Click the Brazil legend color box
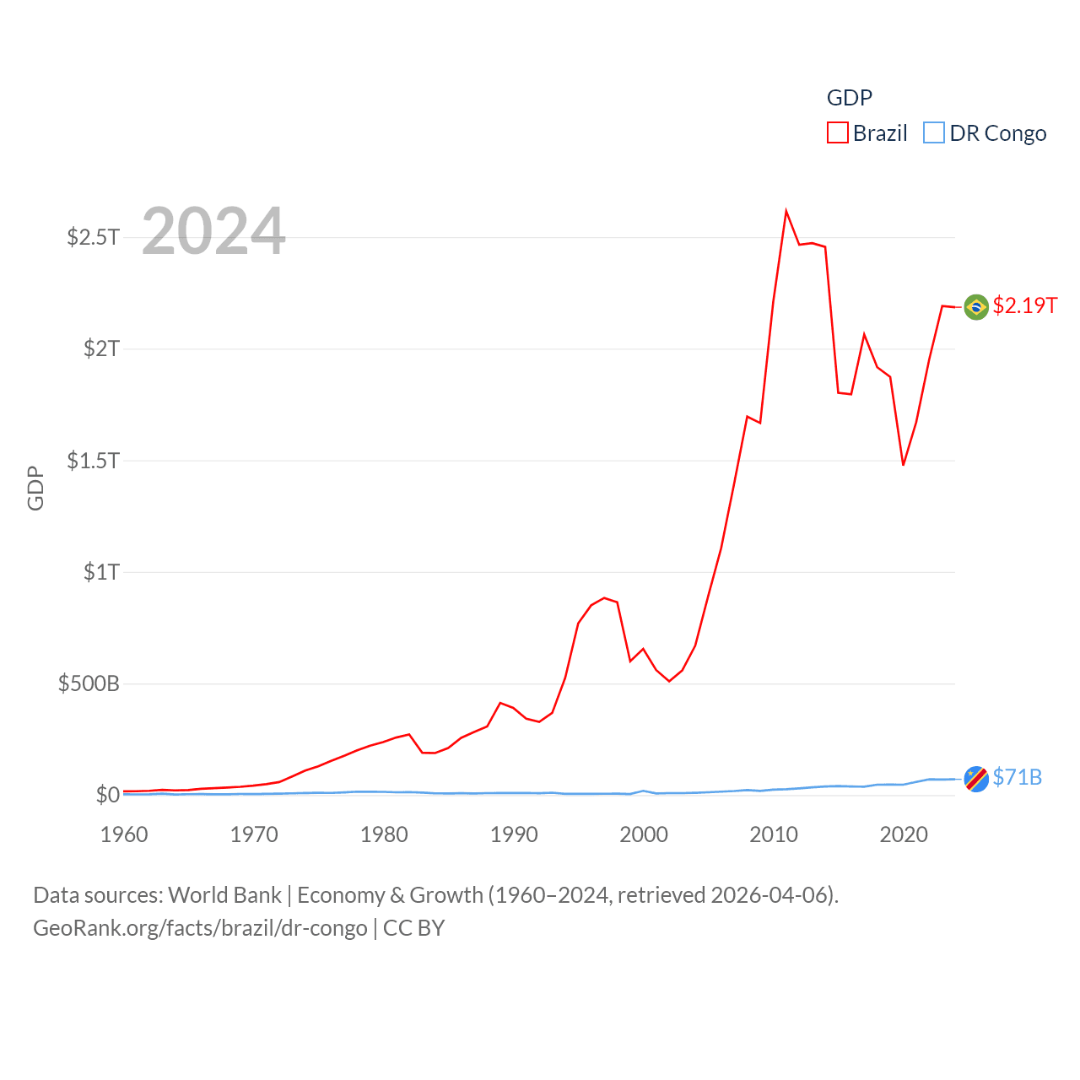tap(837, 133)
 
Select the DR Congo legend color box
tap(933, 133)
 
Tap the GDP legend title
tap(849, 98)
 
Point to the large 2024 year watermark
tap(213, 230)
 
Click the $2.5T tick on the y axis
tap(93, 237)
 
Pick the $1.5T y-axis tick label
tap(93, 461)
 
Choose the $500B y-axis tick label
tap(89, 683)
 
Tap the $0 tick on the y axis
tap(107, 795)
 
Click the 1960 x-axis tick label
tap(124, 834)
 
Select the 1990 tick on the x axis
tap(514, 834)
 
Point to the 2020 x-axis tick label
tap(904, 834)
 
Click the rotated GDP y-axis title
tap(35, 488)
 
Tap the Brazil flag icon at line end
tap(976, 306)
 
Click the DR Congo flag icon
tap(976, 779)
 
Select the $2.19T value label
tap(1025, 305)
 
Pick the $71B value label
tap(1018, 777)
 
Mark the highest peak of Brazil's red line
tap(786, 211)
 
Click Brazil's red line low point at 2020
tap(904, 465)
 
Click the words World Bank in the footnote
tap(225, 895)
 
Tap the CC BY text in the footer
tap(413, 928)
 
